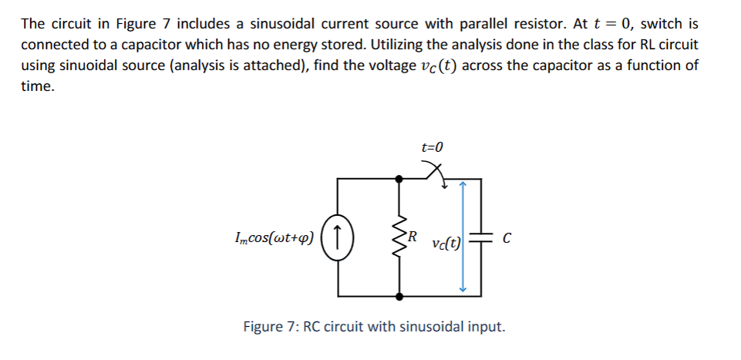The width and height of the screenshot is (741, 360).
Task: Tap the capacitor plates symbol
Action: point(483,237)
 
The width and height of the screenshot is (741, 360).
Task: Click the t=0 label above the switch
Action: point(433,146)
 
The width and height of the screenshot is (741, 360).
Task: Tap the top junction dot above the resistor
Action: point(399,179)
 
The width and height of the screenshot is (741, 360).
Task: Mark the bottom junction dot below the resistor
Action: point(399,295)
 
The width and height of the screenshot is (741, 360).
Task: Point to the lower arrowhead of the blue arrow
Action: point(463,288)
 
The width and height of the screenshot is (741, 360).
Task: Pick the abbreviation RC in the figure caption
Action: point(314,327)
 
